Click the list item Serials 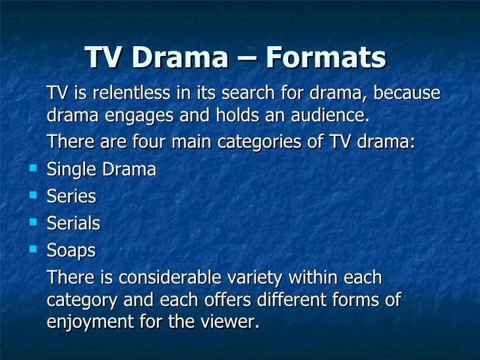[73, 224]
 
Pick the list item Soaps [71, 251]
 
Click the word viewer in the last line [227, 323]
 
